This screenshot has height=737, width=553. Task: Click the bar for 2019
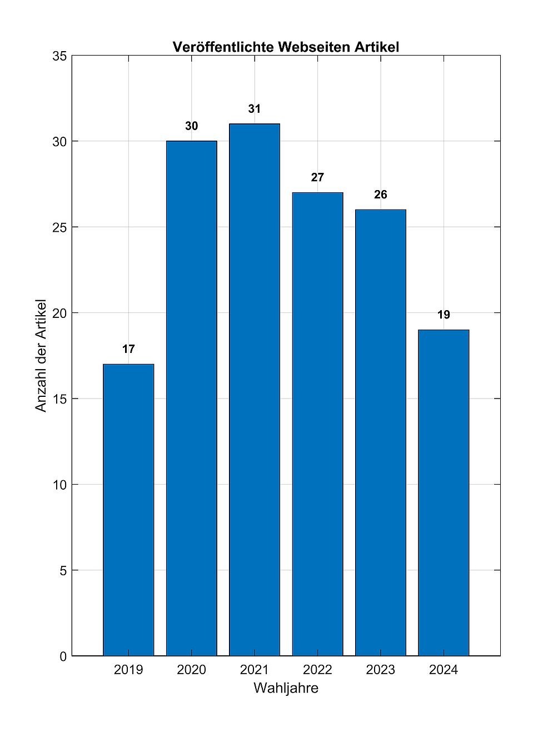point(128,510)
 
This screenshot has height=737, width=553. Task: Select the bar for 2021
point(255,390)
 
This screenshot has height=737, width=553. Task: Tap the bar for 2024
point(444,492)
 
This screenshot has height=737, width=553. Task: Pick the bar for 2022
point(317,424)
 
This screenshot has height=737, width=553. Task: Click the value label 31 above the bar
point(255,109)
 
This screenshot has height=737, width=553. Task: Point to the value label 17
point(128,349)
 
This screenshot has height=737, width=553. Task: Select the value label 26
point(381,195)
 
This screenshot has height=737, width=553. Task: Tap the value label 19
point(444,315)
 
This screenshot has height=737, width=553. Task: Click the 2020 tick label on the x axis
point(191,670)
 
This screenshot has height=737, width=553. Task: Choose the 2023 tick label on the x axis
point(381,670)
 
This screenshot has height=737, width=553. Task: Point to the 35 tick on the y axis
point(60,56)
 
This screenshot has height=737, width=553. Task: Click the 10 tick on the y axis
point(60,485)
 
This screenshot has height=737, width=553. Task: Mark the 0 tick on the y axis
point(63,656)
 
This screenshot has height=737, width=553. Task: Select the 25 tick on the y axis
point(60,227)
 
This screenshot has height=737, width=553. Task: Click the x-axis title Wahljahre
point(286,688)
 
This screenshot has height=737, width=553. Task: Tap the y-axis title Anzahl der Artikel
point(41,356)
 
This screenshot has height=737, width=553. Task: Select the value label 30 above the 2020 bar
point(191,126)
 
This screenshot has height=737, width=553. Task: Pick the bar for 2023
point(381,432)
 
